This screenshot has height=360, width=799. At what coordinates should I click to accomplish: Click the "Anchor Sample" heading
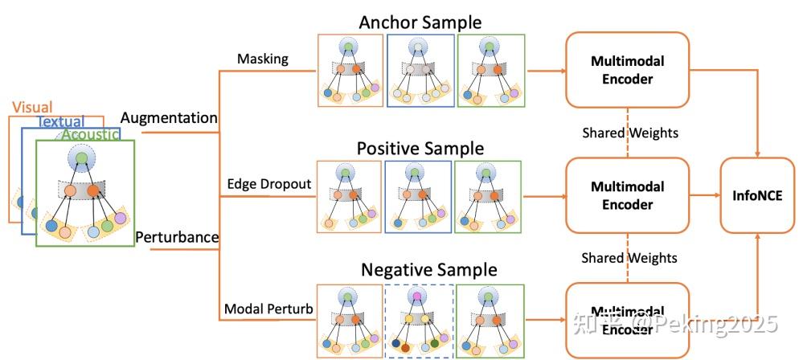(421, 22)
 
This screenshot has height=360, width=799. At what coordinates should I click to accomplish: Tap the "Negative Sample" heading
(428, 269)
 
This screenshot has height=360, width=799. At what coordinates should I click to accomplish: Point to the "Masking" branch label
(262, 59)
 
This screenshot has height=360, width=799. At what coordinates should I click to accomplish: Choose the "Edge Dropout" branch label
(268, 184)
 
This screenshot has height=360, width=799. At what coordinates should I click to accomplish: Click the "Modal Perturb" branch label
(267, 309)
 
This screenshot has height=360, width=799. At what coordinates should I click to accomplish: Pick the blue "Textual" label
(61, 121)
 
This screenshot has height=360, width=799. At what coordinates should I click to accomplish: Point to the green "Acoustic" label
(92, 134)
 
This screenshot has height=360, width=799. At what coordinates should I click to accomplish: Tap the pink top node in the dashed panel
(417, 297)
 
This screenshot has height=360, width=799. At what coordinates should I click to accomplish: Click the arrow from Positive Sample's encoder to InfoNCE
(704, 194)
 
